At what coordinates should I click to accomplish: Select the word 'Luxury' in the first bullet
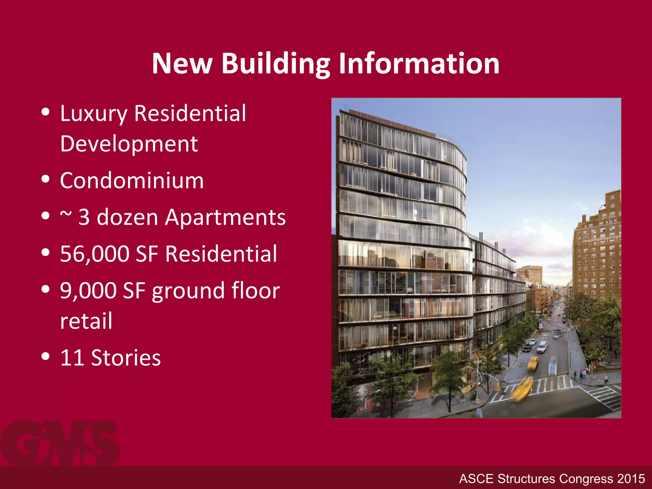click(x=93, y=114)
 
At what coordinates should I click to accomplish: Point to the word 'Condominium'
click(x=132, y=181)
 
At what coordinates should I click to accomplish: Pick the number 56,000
click(x=95, y=254)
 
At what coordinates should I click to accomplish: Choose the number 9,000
click(x=88, y=291)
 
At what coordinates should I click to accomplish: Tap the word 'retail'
click(x=86, y=321)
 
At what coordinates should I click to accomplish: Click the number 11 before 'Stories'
click(x=72, y=358)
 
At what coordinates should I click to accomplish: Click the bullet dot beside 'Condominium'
click(x=46, y=179)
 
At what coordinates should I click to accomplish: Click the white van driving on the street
click(x=542, y=347)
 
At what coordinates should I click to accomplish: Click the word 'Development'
click(x=129, y=144)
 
